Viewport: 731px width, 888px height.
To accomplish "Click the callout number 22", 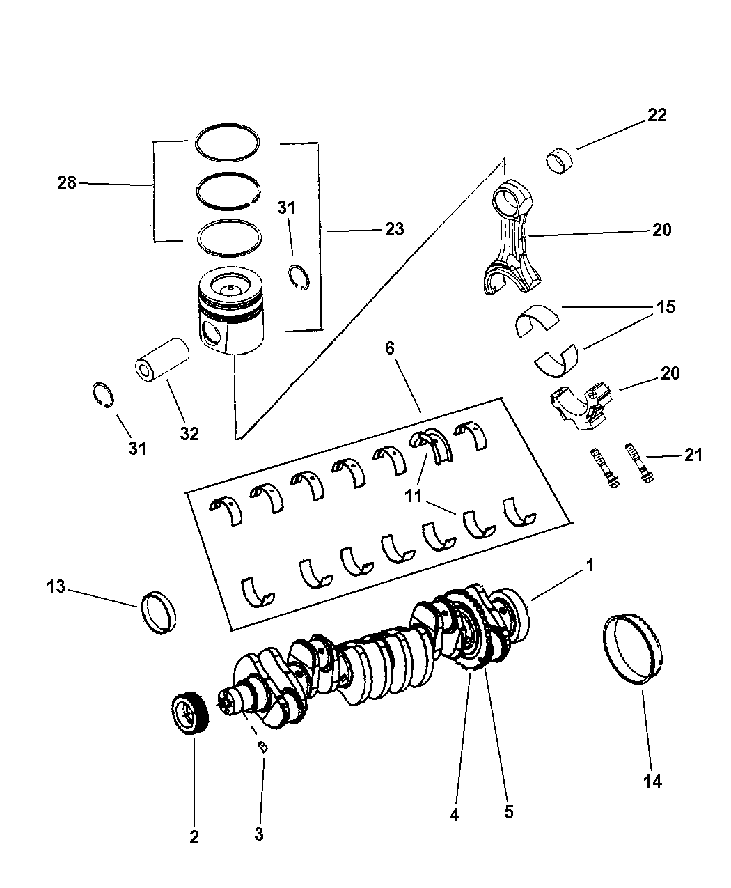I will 656,115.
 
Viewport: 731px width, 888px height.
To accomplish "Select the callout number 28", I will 68,183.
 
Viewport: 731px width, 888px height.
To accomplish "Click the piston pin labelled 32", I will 162,359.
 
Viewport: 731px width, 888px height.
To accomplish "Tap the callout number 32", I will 189,433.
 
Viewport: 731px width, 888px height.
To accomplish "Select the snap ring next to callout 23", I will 299,278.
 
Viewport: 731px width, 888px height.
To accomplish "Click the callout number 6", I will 390,348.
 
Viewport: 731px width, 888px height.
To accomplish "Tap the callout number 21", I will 693,455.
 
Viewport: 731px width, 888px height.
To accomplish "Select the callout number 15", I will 665,307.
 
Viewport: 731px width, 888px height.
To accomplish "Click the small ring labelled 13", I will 159,612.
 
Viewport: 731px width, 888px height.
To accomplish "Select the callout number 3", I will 259,834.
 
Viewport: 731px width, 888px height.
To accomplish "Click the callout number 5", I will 508,812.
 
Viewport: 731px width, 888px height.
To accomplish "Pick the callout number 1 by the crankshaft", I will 589,566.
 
